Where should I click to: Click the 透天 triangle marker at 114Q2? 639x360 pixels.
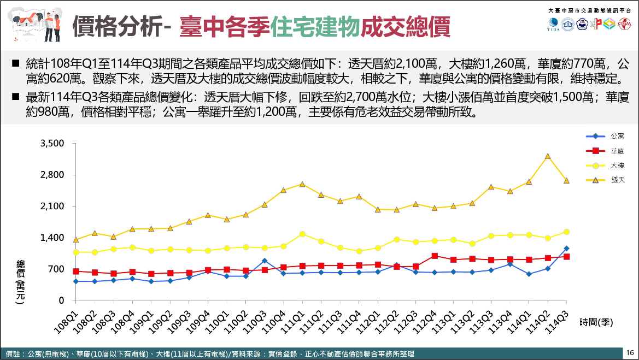(547, 156)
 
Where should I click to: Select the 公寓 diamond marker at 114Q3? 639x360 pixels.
(566, 249)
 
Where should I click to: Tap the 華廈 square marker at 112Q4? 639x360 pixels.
(434, 256)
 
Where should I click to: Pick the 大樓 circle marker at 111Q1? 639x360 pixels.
(302, 234)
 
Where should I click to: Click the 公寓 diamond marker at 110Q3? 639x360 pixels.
(265, 261)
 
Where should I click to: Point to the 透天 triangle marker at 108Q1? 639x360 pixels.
(76, 240)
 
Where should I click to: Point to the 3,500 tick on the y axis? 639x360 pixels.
(52, 144)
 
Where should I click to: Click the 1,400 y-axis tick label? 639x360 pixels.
(52, 238)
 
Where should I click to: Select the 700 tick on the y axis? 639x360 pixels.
(57, 269)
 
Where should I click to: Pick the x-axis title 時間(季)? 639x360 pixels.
(596, 323)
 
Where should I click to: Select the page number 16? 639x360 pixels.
(630, 353)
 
